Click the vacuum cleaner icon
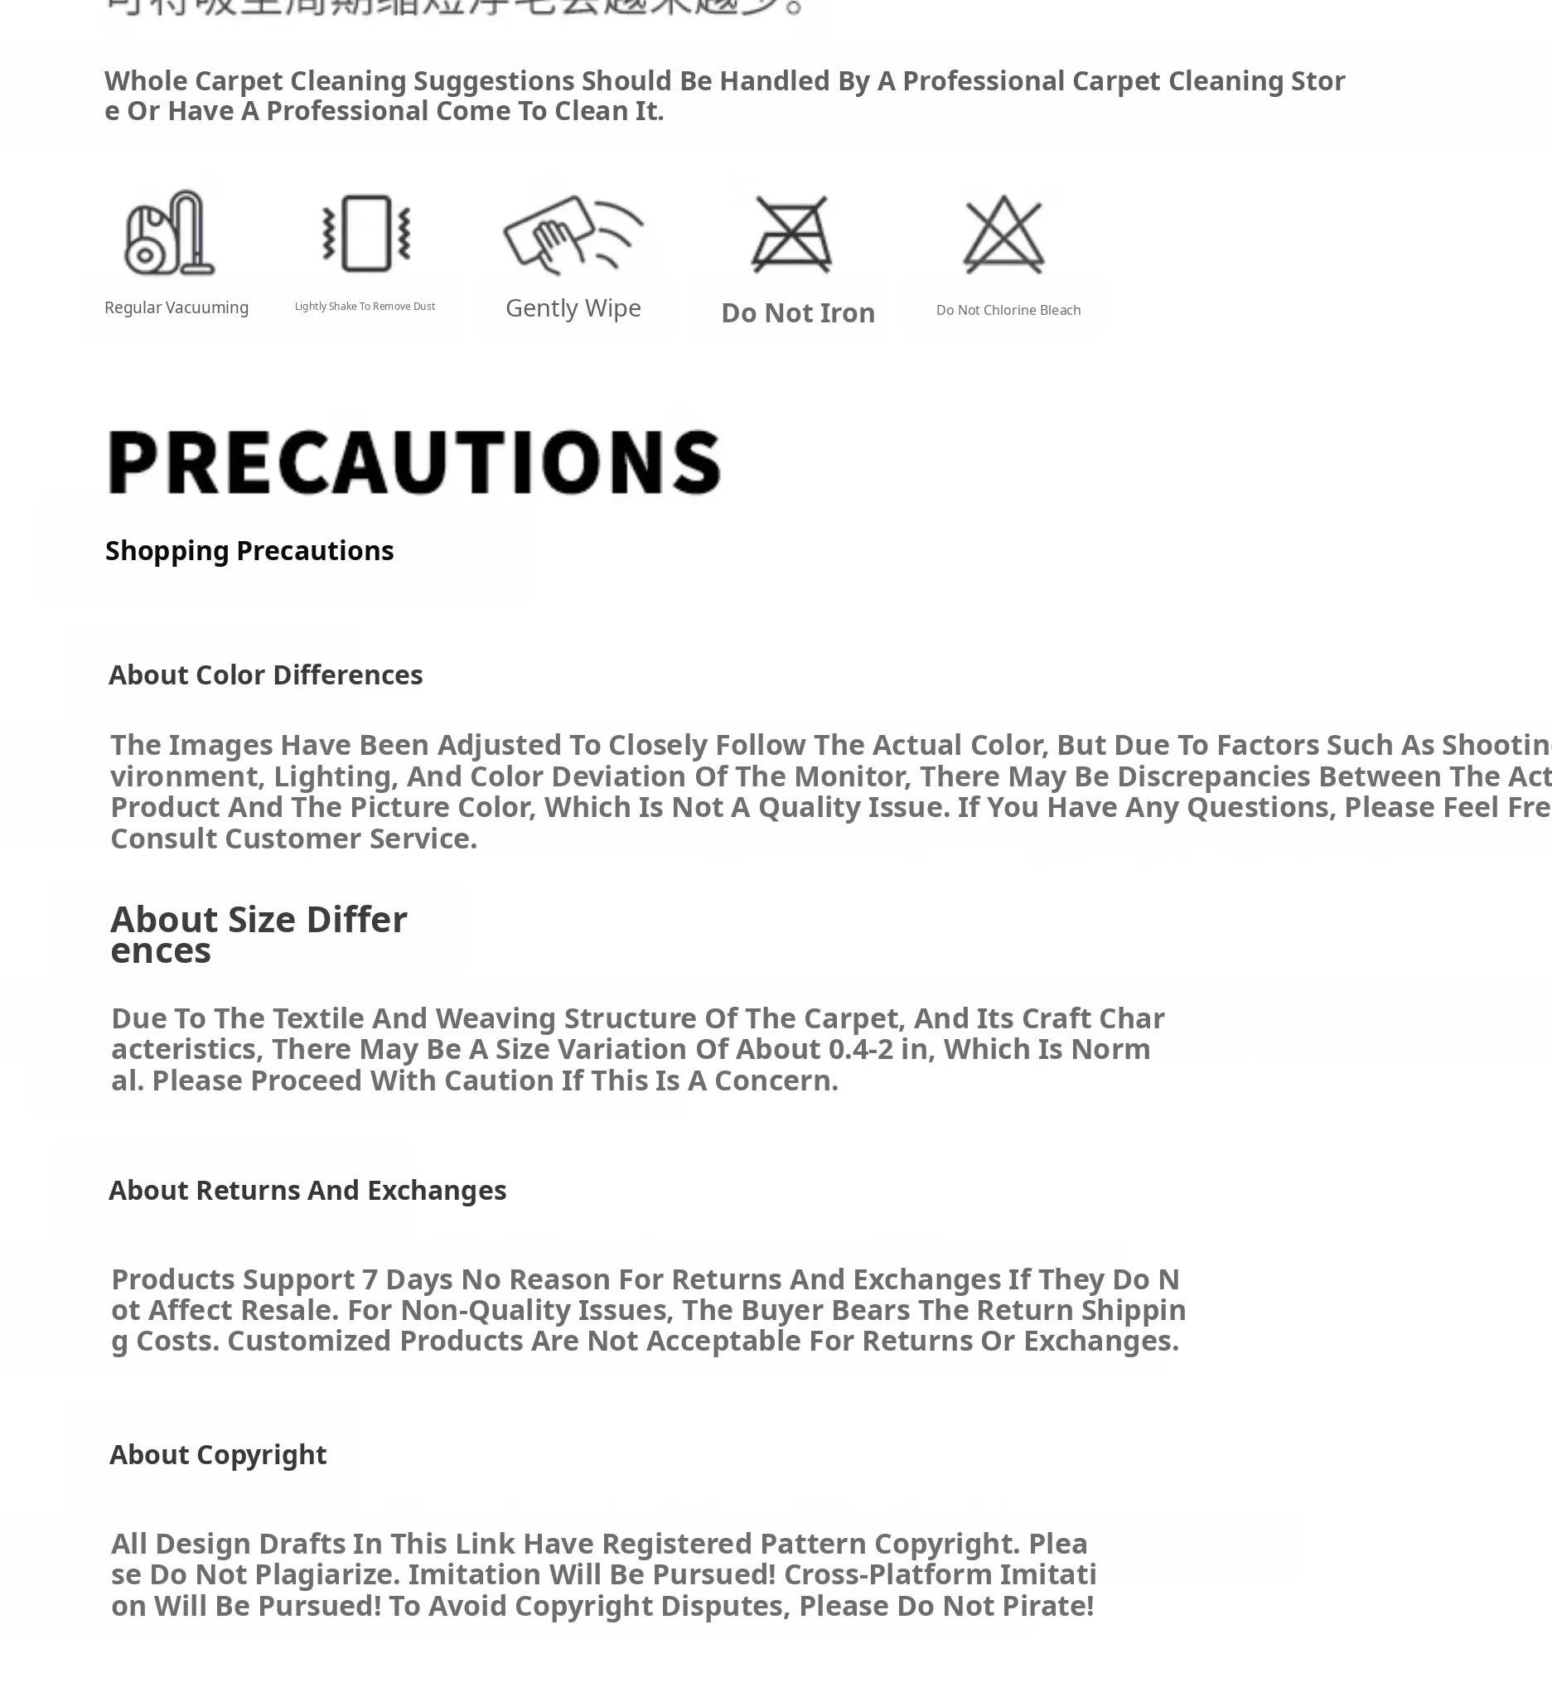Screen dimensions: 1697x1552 pyautogui.click(x=170, y=233)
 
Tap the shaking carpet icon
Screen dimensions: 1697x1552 pyautogui.click(x=366, y=233)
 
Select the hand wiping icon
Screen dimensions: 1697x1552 pyautogui.click(x=573, y=234)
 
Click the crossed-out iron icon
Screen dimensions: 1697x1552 pyautogui.click(x=791, y=234)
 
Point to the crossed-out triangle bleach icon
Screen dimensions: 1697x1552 pyautogui.click(x=1004, y=234)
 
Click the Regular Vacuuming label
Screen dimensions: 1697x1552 pyautogui.click(x=176, y=307)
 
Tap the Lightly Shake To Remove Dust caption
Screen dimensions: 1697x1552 pyautogui.click(x=365, y=307)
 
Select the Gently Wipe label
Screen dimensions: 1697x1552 pyautogui.click(x=573, y=308)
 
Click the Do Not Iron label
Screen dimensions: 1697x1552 pyautogui.click(x=798, y=313)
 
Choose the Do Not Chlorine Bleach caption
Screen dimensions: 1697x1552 pyautogui.click(x=1008, y=310)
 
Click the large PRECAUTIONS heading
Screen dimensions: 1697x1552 pyautogui.click(x=414, y=462)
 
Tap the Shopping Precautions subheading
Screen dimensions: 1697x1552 pyautogui.click(x=249, y=550)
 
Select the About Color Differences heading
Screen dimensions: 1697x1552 pyautogui.click(x=265, y=675)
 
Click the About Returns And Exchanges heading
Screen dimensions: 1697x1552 pyautogui.click(x=307, y=1190)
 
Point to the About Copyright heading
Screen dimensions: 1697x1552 pyautogui.click(x=218, y=1454)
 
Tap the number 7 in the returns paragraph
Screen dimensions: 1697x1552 pyautogui.click(x=370, y=1279)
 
